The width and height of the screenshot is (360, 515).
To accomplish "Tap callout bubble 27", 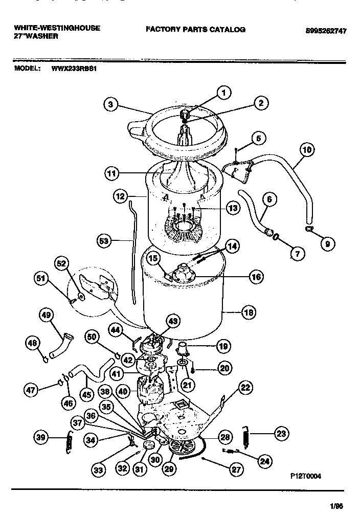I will click(236, 469).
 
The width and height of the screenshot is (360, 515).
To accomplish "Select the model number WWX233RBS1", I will click(74, 66).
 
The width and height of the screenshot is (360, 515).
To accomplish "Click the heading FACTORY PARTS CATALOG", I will click(195, 30).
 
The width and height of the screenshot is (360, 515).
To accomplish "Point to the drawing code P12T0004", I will click(305, 475).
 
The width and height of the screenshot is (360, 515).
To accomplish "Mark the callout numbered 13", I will click(233, 208).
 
